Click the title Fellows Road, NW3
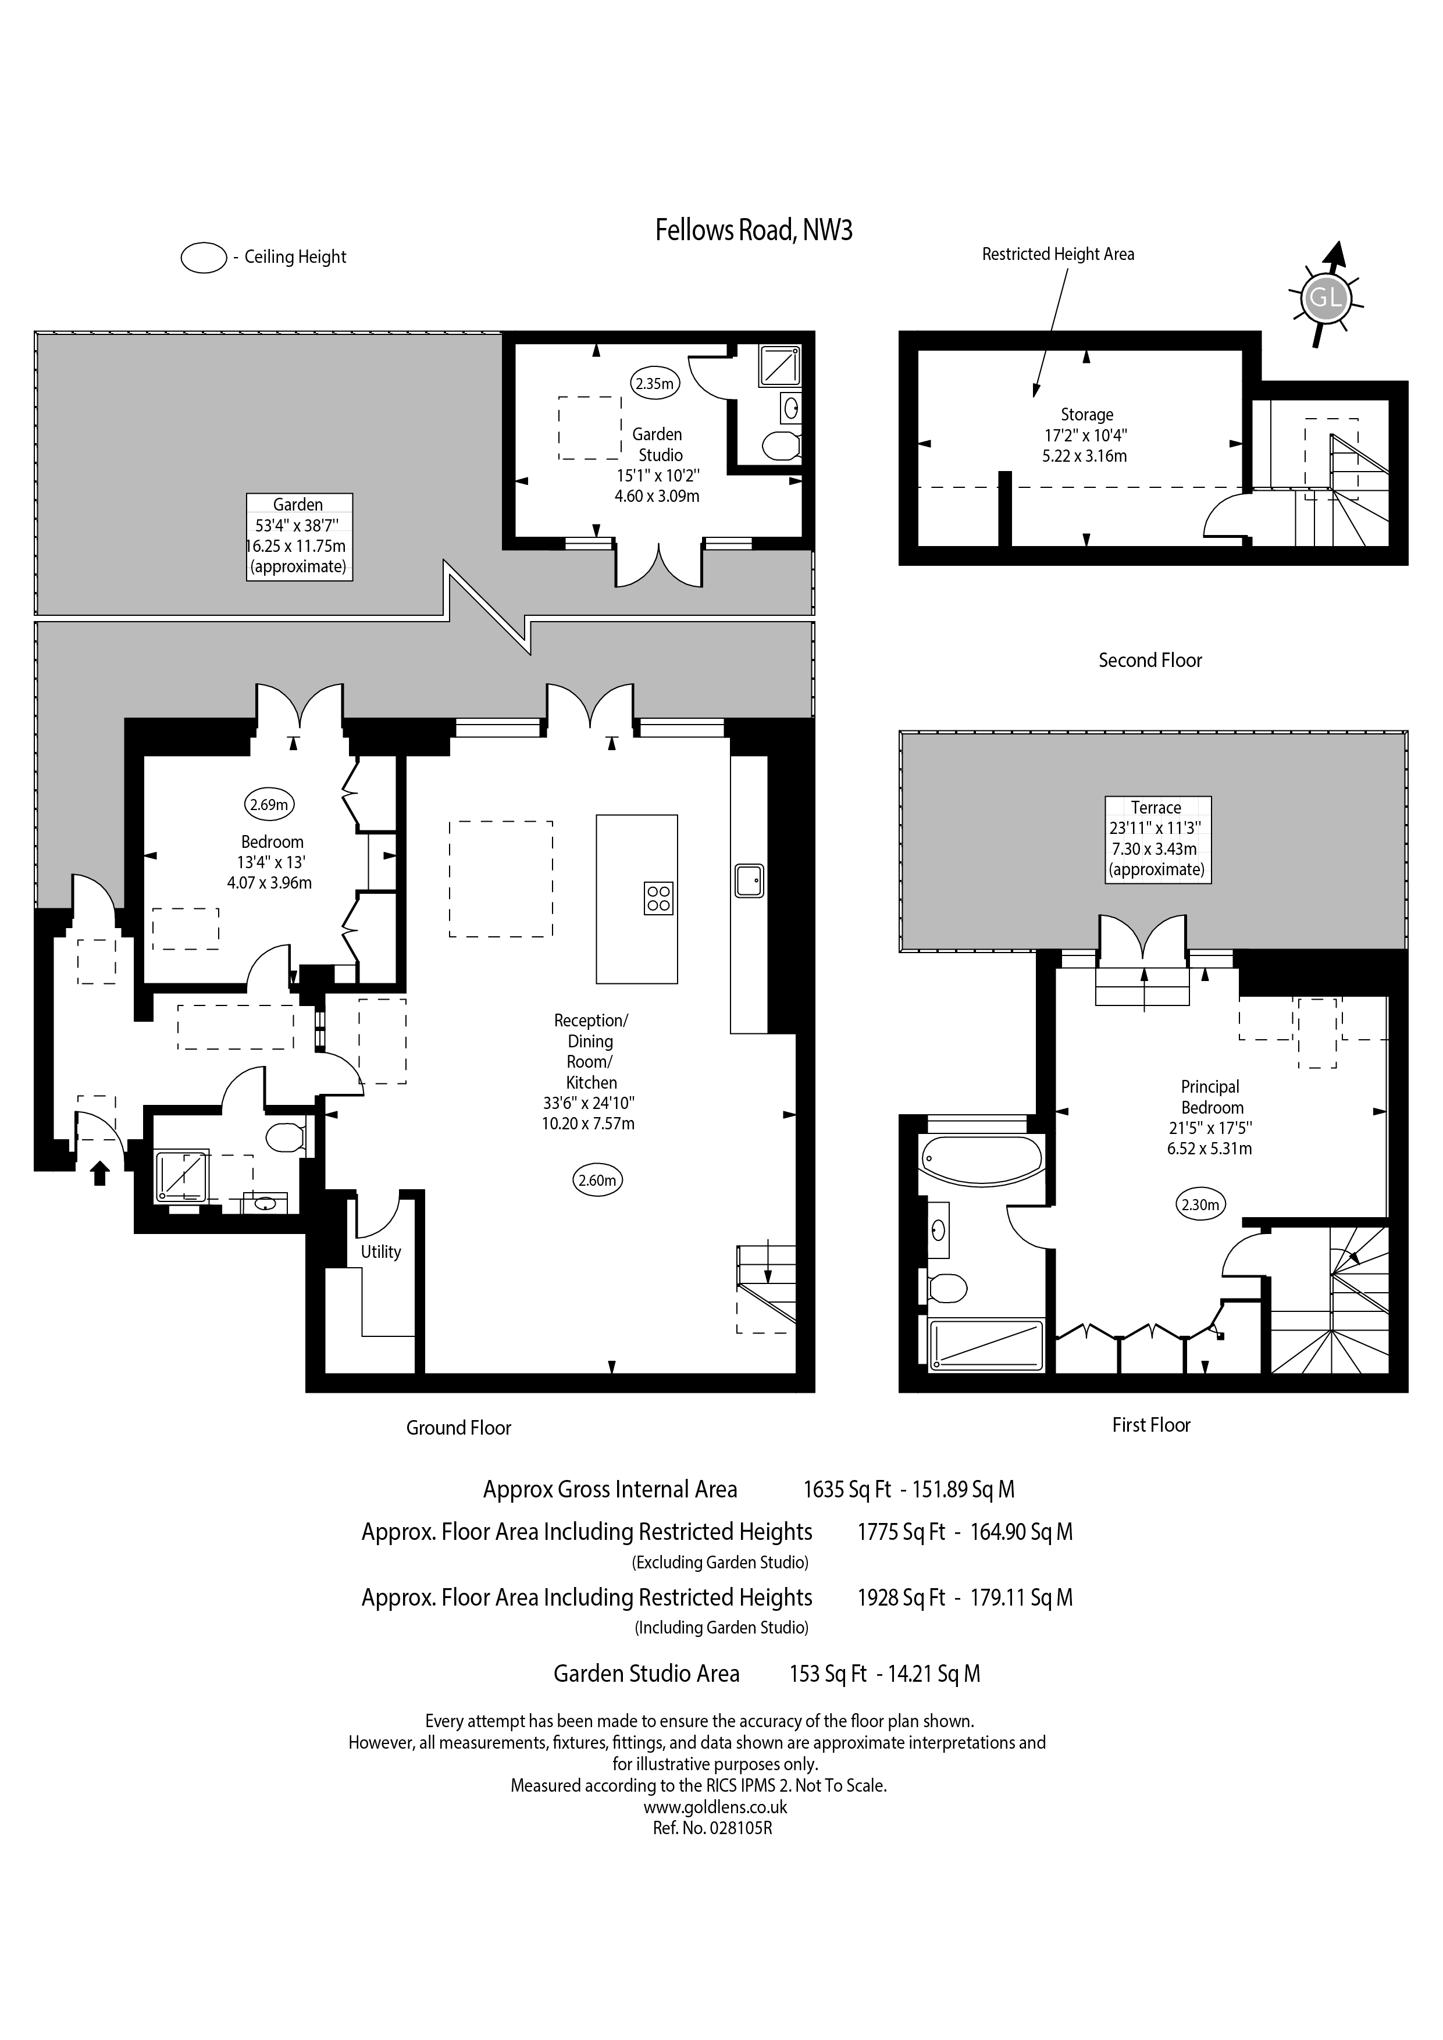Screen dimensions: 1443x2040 point(753,230)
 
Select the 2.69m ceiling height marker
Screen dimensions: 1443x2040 point(269,805)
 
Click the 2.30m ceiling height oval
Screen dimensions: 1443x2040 point(1200,1206)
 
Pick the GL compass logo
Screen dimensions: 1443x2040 point(1325,296)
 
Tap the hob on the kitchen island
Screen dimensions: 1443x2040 point(658,898)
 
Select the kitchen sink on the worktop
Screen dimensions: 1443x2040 point(749,880)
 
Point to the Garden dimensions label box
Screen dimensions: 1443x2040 point(300,537)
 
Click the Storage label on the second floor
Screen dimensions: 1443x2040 point(1086,415)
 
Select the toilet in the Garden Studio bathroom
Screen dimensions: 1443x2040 point(782,445)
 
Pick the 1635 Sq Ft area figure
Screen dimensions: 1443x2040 point(847,1489)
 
